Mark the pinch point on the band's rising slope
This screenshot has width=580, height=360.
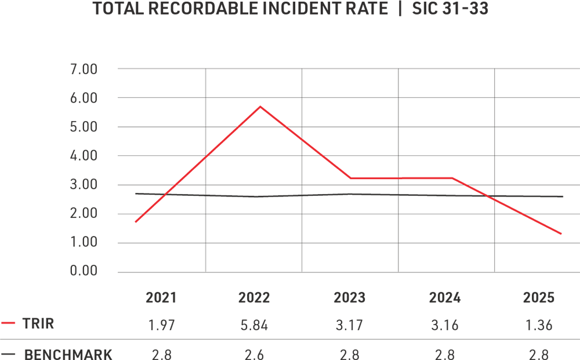click(x=206, y=156)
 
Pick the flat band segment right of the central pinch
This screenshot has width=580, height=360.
click(x=429, y=174)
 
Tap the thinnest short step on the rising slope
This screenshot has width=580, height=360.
click(x=171, y=190)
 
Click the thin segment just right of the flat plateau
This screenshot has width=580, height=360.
click(x=476, y=190)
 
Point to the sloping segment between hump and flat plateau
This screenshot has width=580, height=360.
click(x=336, y=166)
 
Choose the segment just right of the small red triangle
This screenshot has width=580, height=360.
click(x=510, y=206)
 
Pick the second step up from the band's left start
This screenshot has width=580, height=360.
click(x=155, y=203)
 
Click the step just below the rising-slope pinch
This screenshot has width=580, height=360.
click(x=187, y=174)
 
